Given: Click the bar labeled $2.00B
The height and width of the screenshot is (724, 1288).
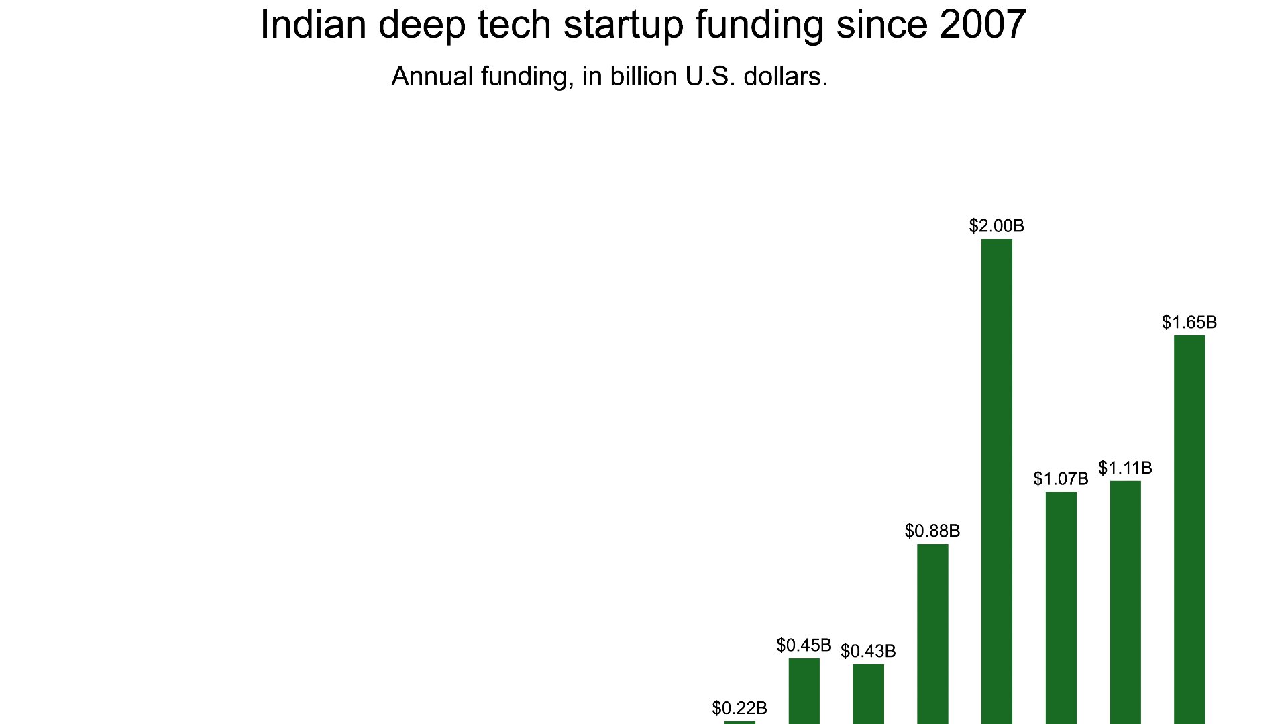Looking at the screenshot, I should [x=996, y=480].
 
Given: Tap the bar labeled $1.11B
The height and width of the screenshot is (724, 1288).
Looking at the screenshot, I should [x=1125, y=601].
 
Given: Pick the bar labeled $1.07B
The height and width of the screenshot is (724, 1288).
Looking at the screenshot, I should [x=1061, y=607].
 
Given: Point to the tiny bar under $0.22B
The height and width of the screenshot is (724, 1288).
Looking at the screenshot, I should [x=739, y=722].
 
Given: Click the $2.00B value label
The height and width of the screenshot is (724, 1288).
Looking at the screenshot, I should [x=996, y=226].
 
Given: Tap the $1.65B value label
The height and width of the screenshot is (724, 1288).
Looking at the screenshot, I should [x=1189, y=323].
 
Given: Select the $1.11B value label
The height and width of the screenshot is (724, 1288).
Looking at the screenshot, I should [x=1125, y=468].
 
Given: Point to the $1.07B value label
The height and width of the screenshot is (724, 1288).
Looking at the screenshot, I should [x=1061, y=479].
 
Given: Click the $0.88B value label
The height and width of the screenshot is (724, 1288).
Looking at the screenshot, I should [x=932, y=531].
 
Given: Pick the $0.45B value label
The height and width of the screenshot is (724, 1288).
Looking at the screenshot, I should [x=804, y=645].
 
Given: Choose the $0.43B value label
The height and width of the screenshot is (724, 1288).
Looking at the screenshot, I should [x=868, y=652].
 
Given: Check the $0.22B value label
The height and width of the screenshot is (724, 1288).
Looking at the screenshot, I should [x=739, y=709].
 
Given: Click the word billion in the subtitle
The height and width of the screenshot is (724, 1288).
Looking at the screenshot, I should [x=643, y=76].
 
